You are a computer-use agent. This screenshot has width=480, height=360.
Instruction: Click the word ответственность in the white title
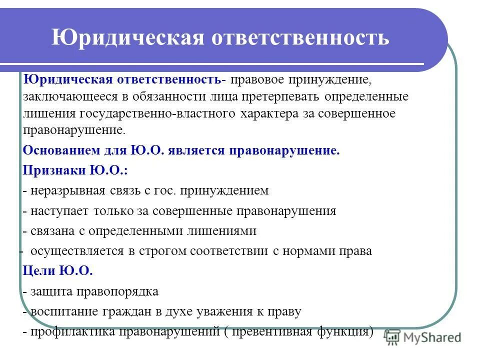click(299, 38)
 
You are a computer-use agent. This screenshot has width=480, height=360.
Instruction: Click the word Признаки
click(54, 170)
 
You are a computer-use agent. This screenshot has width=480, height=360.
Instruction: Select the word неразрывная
click(65, 190)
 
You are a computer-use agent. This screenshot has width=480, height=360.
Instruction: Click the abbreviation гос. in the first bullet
click(167, 190)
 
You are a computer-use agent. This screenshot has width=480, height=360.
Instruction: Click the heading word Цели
click(39, 270)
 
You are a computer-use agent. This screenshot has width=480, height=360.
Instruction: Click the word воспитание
click(66, 311)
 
